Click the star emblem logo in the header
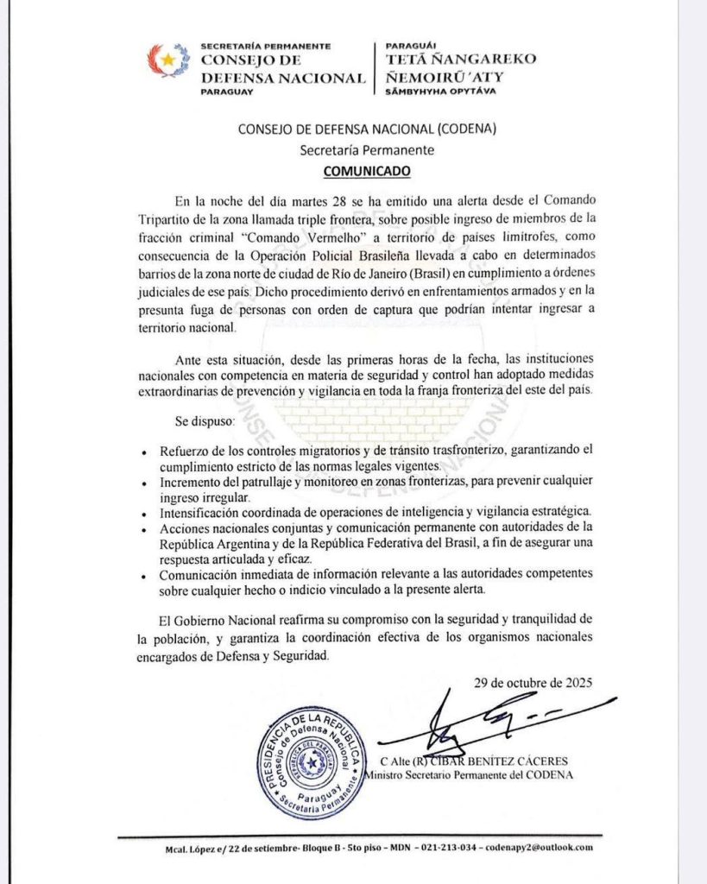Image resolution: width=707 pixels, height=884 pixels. pos(169,61)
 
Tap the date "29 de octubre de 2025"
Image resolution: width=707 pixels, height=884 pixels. pos(533,682)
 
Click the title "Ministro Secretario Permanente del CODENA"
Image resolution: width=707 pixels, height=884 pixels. pos(469,774)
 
